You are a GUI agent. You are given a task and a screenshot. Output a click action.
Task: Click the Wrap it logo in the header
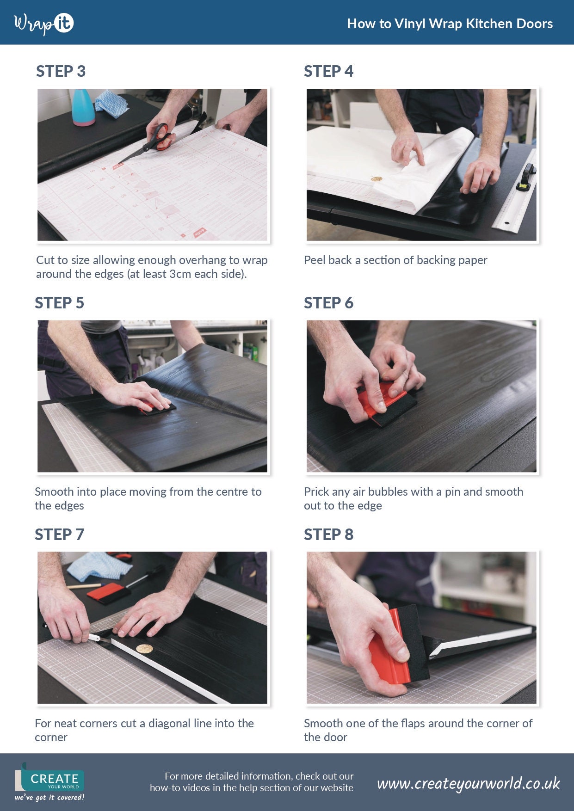click(x=44, y=24)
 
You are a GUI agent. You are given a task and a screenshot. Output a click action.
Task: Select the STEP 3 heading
click(x=61, y=71)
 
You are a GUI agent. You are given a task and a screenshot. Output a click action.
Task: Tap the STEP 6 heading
click(x=328, y=303)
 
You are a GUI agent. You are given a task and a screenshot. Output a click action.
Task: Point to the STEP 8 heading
click(x=328, y=535)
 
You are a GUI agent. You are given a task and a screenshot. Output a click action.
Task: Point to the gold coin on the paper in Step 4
click(x=376, y=178)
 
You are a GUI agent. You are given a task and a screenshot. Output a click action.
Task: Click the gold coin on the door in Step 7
click(x=145, y=649)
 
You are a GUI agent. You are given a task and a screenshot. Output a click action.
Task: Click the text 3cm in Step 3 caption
click(x=180, y=274)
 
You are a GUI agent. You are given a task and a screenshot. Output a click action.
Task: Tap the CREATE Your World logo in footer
click(x=50, y=781)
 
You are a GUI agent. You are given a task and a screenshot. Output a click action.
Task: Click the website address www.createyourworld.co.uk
click(x=468, y=783)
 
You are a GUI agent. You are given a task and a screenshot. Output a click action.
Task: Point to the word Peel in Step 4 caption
click(x=315, y=260)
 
